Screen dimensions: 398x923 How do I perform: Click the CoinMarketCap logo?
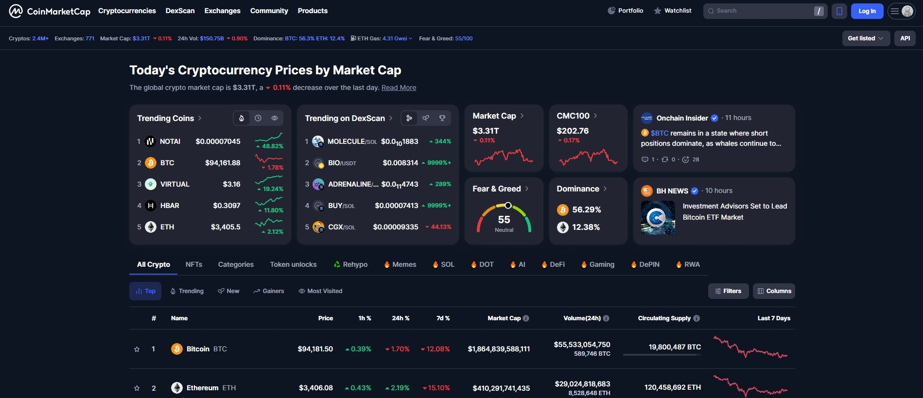[x=50, y=11]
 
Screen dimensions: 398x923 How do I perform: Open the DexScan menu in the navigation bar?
[x=180, y=11]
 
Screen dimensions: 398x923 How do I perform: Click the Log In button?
[x=867, y=11]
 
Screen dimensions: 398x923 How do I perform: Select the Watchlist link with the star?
[x=673, y=11]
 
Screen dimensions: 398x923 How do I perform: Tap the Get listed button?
[x=865, y=38]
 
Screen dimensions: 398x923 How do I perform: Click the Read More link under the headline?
[x=399, y=87]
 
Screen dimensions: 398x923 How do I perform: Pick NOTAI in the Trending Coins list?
[x=170, y=141]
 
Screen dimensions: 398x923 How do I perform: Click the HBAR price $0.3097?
[x=226, y=206]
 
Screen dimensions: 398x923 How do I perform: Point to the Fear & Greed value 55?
[x=504, y=220]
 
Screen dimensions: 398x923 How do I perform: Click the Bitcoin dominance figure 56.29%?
[x=586, y=209]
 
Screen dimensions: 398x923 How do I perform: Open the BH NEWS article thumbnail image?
[x=658, y=218]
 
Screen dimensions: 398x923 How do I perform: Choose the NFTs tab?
[x=194, y=264]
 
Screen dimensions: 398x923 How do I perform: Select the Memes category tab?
[x=404, y=264]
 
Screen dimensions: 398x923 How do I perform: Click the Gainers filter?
[x=269, y=291]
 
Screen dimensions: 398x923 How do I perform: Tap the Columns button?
[x=774, y=291]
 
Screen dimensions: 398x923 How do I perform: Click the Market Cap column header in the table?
[x=504, y=318]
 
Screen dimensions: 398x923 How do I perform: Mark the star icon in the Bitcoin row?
[x=137, y=349]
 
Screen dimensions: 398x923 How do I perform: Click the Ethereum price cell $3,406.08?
[x=315, y=388]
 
